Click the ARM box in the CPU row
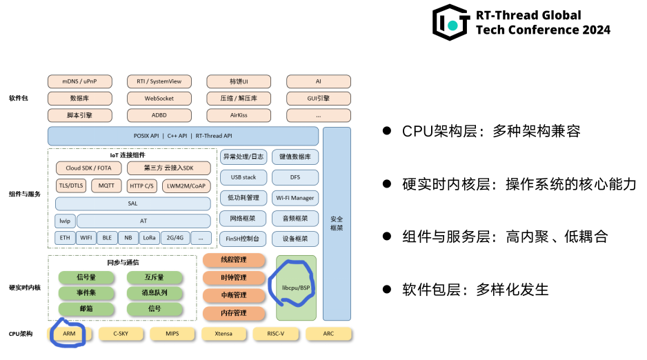pos(69,334)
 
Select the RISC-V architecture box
pos(275,334)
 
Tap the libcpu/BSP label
pos(295,287)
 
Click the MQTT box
pos(106,186)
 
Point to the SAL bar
pos(132,203)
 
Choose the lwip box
pos(65,221)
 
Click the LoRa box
pos(149,238)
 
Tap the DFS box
pos(295,177)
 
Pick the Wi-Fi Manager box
pos(295,198)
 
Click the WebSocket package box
pos(159,99)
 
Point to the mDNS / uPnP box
pos(79,81)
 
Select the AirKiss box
pos(239,115)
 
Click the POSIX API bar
pos(183,136)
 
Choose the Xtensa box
pos(223,334)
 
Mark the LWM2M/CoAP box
pos(186,186)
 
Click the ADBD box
pos(159,115)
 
